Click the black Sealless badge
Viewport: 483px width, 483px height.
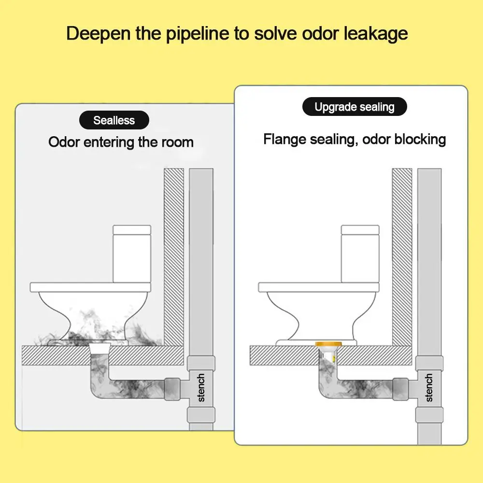click(114, 120)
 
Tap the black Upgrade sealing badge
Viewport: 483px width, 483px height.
click(355, 107)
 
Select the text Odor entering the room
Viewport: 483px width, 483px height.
click(121, 142)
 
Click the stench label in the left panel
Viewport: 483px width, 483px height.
click(201, 387)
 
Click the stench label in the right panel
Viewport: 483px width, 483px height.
click(429, 387)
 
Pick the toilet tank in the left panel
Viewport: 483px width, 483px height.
click(131, 254)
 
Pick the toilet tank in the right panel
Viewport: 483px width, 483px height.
click(360, 254)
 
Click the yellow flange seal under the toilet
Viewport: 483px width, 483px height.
click(328, 344)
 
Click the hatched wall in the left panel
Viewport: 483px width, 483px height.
click(174, 251)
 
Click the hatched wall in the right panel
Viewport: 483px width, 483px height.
click(402, 251)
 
